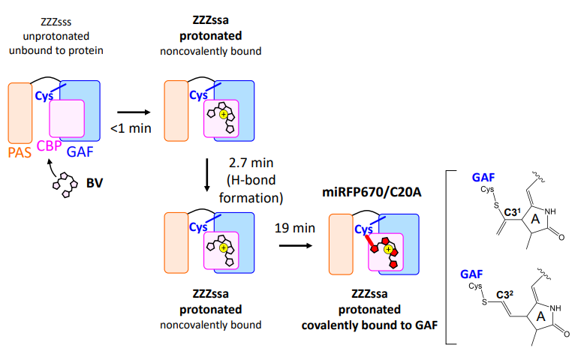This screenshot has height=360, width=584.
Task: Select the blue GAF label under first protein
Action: pyautogui.click(x=81, y=153)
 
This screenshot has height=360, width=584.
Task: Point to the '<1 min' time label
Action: pyautogui.click(x=131, y=128)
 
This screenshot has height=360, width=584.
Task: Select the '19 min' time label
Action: pyautogui.click(x=288, y=224)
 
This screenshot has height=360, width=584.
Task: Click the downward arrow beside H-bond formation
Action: pyautogui.click(x=206, y=177)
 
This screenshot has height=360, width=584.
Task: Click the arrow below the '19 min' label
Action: pyautogui.click(x=288, y=243)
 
